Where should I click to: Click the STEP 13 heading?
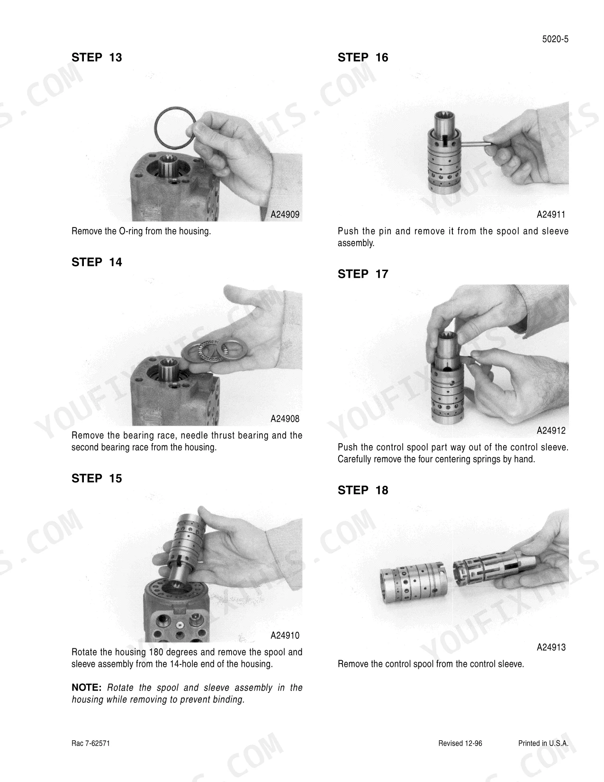click(x=97, y=57)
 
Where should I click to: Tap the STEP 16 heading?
click(x=363, y=57)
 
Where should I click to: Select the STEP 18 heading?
click(x=363, y=490)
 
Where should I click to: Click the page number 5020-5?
click(x=555, y=39)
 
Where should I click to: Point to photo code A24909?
click(x=285, y=215)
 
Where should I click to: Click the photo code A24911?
click(x=551, y=215)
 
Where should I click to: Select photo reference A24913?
click(x=551, y=647)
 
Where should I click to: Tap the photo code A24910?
click(x=285, y=636)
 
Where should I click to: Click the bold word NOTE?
click(x=87, y=688)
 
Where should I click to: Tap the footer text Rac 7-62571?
click(x=90, y=744)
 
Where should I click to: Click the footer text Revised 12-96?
click(x=460, y=744)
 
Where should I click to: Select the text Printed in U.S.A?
click(x=543, y=744)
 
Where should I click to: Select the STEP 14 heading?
click(x=97, y=263)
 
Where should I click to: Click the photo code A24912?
click(x=551, y=431)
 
